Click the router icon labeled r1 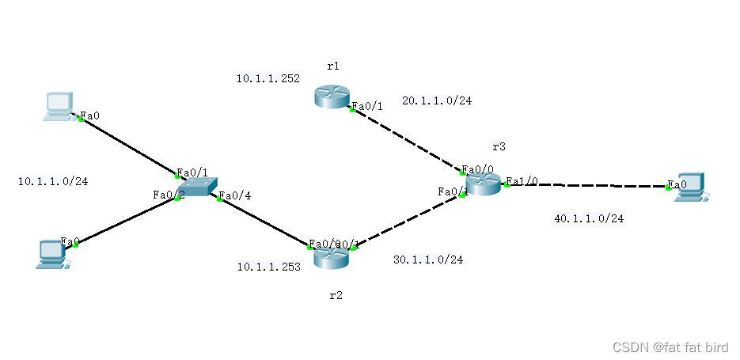(x=331, y=97)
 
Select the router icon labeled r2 (x=331, y=256)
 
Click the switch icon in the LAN (x=196, y=186)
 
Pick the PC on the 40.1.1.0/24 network (x=689, y=188)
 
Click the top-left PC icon (x=59, y=106)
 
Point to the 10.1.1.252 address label (x=268, y=78)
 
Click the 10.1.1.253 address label (x=268, y=267)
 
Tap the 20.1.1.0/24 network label (x=437, y=100)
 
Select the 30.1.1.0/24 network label (x=428, y=260)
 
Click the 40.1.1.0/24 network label (x=589, y=218)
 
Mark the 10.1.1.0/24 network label (x=53, y=181)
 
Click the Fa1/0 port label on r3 (x=522, y=181)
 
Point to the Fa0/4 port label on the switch (x=234, y=196)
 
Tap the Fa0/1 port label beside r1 (x=367, y=106)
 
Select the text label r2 (x=336, y=295)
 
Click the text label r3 (x=499, y=146)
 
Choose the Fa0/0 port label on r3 (x=478, y=169)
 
